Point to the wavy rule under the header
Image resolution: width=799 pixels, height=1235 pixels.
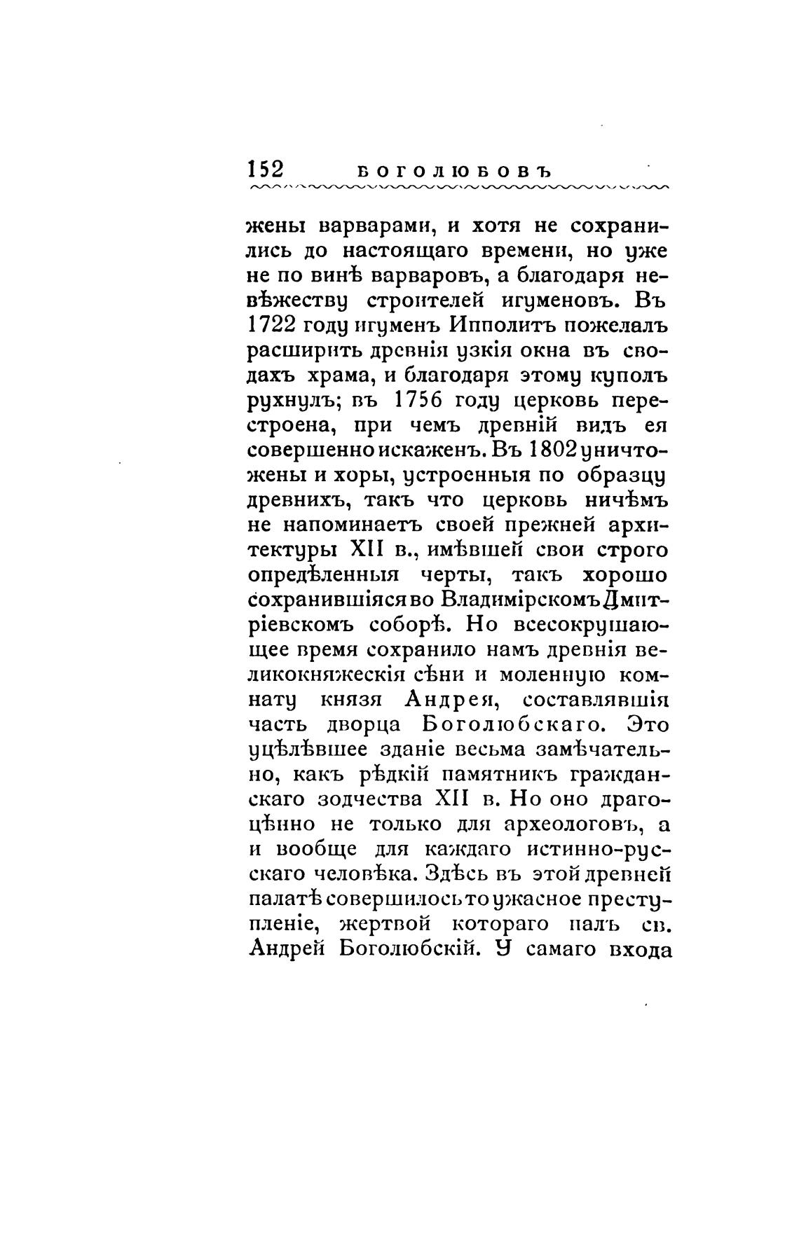(x=459, y=188)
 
